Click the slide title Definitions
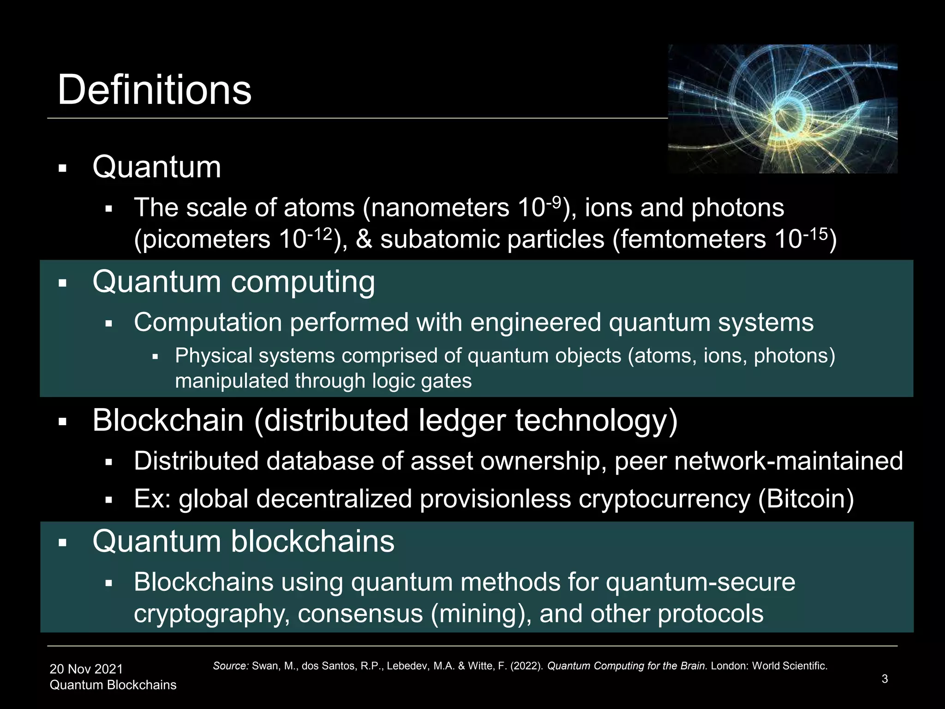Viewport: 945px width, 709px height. pyautogui.click(x=154, y=90)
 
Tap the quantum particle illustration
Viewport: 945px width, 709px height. pyautogui.click(x=783, y=109)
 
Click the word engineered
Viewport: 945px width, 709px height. pyautogui.click(x=536, y=322)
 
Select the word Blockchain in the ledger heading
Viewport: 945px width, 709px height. pyautogui.click(x=168, y=421)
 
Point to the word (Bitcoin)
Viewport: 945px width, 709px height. pyautogui.click(x=806, y=499)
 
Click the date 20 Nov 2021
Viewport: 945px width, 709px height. pyautogui.click(x=86, y=669)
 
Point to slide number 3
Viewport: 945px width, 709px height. pyautogui.click(x=885, y=679)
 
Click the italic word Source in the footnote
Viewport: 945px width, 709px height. pyautogui.click(x=231, y=666)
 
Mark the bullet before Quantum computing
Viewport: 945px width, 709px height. pyautogui.click(x=63, y=283)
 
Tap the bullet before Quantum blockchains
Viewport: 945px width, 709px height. pyautogui.click(x=63, y=542)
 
